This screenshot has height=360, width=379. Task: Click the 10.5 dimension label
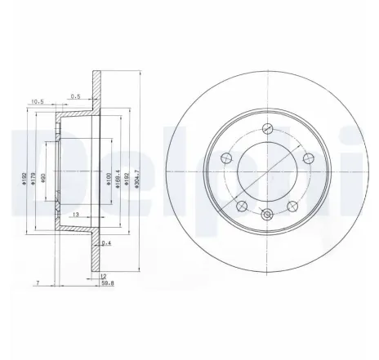pyautogui.click(x=36, y=102)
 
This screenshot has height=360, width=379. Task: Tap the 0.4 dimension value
pyautogui.click(x=107, y=242)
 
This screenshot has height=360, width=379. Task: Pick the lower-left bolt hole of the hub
pyautogui.click(x=242, y=205)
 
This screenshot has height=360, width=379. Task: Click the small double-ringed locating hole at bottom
pyautogui.click(x=266, y=215)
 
